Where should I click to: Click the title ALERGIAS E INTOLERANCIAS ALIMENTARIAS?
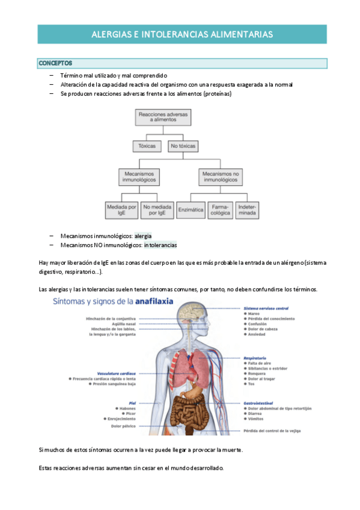click(x=182, y=35)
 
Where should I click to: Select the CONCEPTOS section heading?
click(x=55, y=63)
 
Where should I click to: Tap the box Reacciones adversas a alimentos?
click(x=163, y=117)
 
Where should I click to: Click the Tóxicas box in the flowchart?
click(x=147, y=146)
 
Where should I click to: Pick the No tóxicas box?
click(x=183, y=146)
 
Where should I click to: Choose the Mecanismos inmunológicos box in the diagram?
click(x=139, y=176)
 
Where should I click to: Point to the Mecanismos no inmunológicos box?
click(x=221, y=176)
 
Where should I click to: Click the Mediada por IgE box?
click(x=121, y=209)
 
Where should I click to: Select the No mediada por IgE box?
click(x=157, y=209)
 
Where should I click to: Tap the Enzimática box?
click(x=191, y=209)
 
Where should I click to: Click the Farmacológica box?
click(x=221, y=209)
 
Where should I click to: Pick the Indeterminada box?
click(x=247, y=209)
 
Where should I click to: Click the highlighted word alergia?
click(x=143, y=236)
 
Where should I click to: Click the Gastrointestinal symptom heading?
click(x=260, y=403)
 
